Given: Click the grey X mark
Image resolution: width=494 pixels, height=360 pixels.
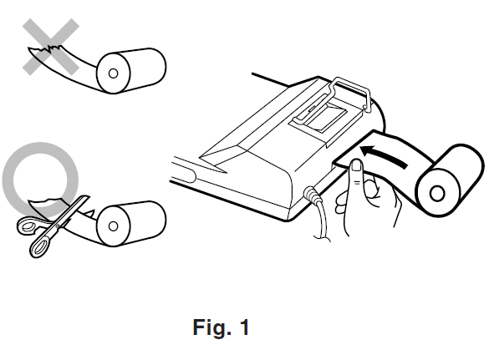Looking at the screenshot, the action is click(51, 47).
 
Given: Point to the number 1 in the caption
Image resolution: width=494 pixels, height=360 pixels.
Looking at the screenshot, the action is click(244, 327).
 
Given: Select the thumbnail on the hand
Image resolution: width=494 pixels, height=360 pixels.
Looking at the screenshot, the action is click(357, 165).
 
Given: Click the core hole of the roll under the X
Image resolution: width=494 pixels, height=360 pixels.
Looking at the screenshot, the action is click(113, 74).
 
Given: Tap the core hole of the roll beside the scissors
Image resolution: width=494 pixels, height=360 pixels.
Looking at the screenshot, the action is click(113, 226).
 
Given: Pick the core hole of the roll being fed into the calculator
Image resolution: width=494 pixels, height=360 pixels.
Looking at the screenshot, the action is click(437, 194).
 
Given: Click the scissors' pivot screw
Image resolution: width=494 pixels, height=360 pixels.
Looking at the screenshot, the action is click(58, 226).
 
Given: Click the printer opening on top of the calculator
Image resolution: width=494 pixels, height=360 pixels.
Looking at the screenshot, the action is click(326, 117).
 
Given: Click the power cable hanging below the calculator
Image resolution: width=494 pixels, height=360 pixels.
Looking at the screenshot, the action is click(322, 221).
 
